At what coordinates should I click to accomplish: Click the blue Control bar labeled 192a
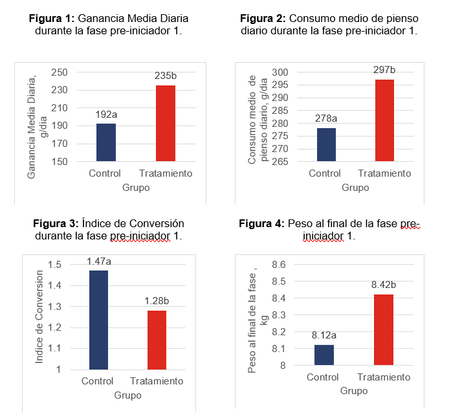(106, 142)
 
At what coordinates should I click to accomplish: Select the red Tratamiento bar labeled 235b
(166, 123)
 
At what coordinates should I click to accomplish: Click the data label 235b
(166, 76)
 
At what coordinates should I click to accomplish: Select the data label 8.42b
(384, 285)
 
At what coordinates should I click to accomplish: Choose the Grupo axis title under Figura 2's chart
(355, 188)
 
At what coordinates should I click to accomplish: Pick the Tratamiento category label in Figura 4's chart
(384, 378)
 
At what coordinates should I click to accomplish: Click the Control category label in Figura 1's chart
(105, 173)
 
